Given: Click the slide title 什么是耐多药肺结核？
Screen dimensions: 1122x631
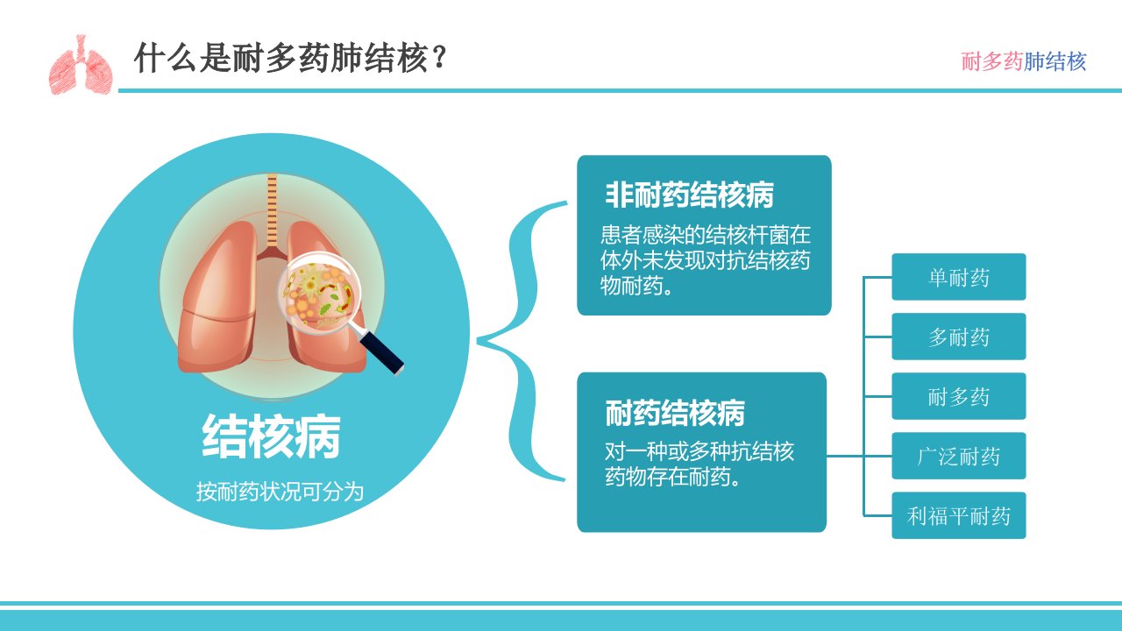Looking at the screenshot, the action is point(289,58).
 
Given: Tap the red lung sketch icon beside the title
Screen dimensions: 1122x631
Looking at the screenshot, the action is point(81,65).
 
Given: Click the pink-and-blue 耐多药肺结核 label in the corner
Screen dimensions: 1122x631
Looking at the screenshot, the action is point(1023,61).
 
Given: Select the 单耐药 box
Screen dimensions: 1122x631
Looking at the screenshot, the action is point(959,277).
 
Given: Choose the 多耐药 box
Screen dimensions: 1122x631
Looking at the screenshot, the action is point(959,337).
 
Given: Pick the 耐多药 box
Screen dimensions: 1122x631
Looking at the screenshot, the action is point(959,396).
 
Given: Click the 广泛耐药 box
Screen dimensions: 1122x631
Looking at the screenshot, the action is point(959,456).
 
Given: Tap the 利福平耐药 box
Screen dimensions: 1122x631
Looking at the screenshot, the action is point(959,515).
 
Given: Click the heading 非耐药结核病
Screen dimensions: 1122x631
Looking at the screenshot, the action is point(689,195).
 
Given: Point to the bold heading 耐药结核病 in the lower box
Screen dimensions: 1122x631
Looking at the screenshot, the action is point(675,413).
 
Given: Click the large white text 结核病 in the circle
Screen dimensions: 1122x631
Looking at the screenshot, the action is point(271,436).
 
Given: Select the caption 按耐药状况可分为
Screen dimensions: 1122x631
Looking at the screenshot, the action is point(280,492).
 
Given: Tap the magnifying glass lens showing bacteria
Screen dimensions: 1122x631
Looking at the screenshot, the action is point(320,292).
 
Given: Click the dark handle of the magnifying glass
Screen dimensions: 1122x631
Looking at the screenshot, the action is point(381,352).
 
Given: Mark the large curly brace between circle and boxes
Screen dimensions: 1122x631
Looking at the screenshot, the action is point(521,341).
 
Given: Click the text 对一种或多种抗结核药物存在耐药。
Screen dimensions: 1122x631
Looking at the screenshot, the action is point(699,464).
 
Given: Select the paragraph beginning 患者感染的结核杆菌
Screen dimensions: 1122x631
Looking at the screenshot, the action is point(706,260).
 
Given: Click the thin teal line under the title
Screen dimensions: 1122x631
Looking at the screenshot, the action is point(620,90).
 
